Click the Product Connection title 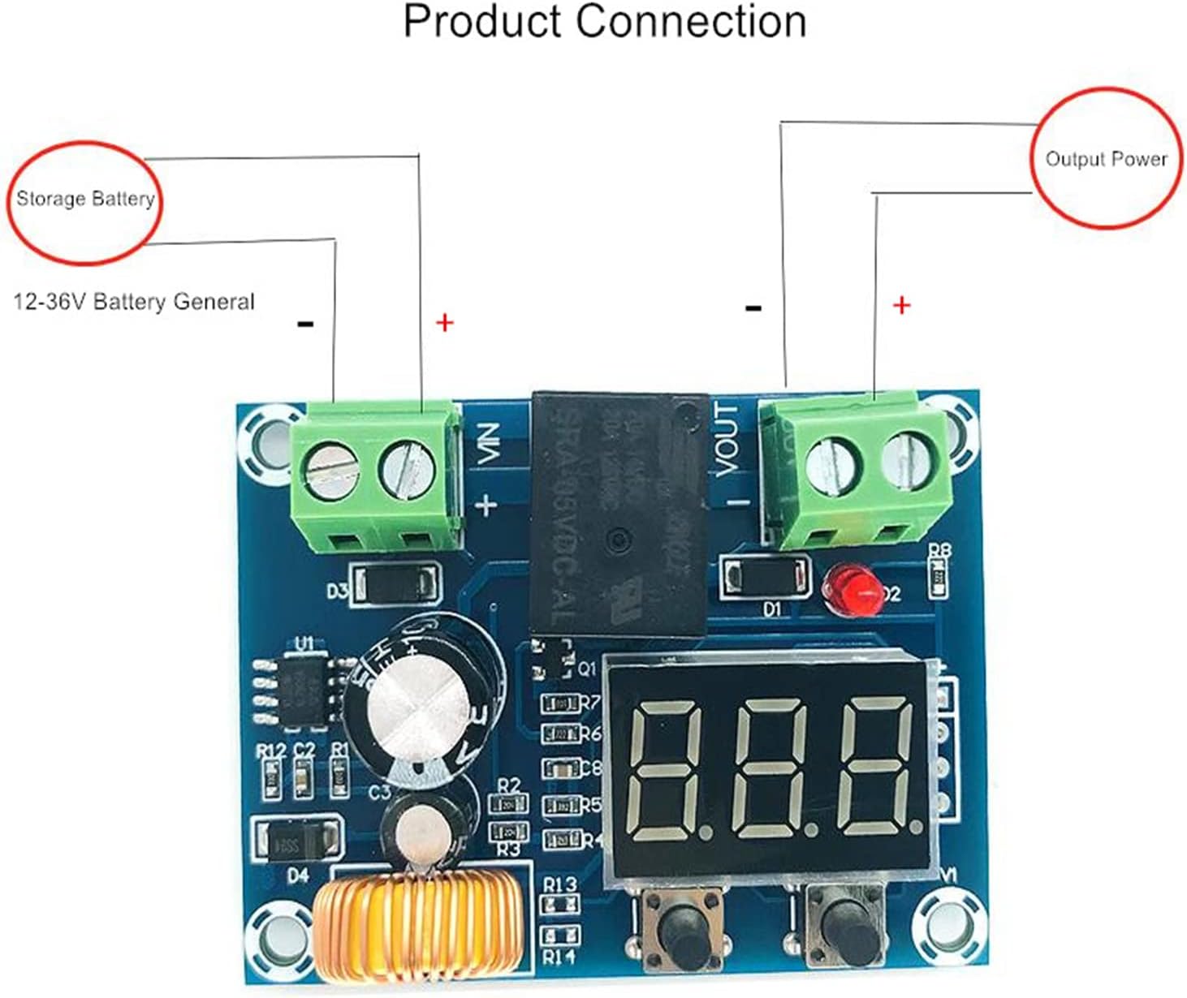pyautogui.click(x=605, y=23)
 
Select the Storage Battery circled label pyautogui.click(x=85, y=200)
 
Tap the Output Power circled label pyautogui.click(x=1105, y=159)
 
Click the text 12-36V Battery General pyautogui.click(x=134, y=303)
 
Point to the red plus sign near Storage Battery pyautogui.click(x=444, y=323)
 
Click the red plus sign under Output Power pyautogui.click(x=901, y=306)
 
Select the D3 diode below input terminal pyautogui.click(x=397, y=584)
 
